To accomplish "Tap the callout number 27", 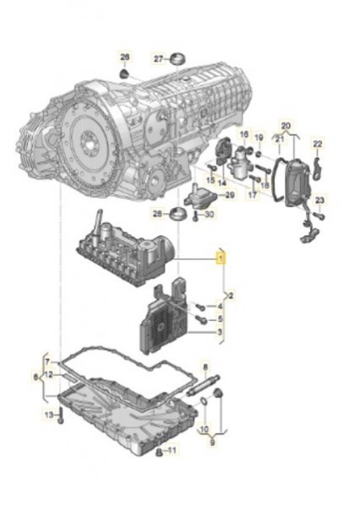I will pyautogui.click(x=157, y=58).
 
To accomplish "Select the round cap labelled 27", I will pyautogui.click(x=177, y=58).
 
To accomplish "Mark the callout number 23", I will pyautogui.click(x=320, y=200).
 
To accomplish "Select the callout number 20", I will pyautogui.click(x=285, y=124).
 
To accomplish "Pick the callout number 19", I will pyautogui.click(x=259, y=136).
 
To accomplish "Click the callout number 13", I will pyautogui.click(x=49, y=415).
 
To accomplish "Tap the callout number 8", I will pyautogui.click(x=205, y=366).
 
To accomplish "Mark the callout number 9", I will pyautogui.click(x=212, y=439).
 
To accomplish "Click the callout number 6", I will pyautogui.click(x=35, y=377).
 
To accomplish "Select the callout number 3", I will pyautogui.click(x=221, y=333).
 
